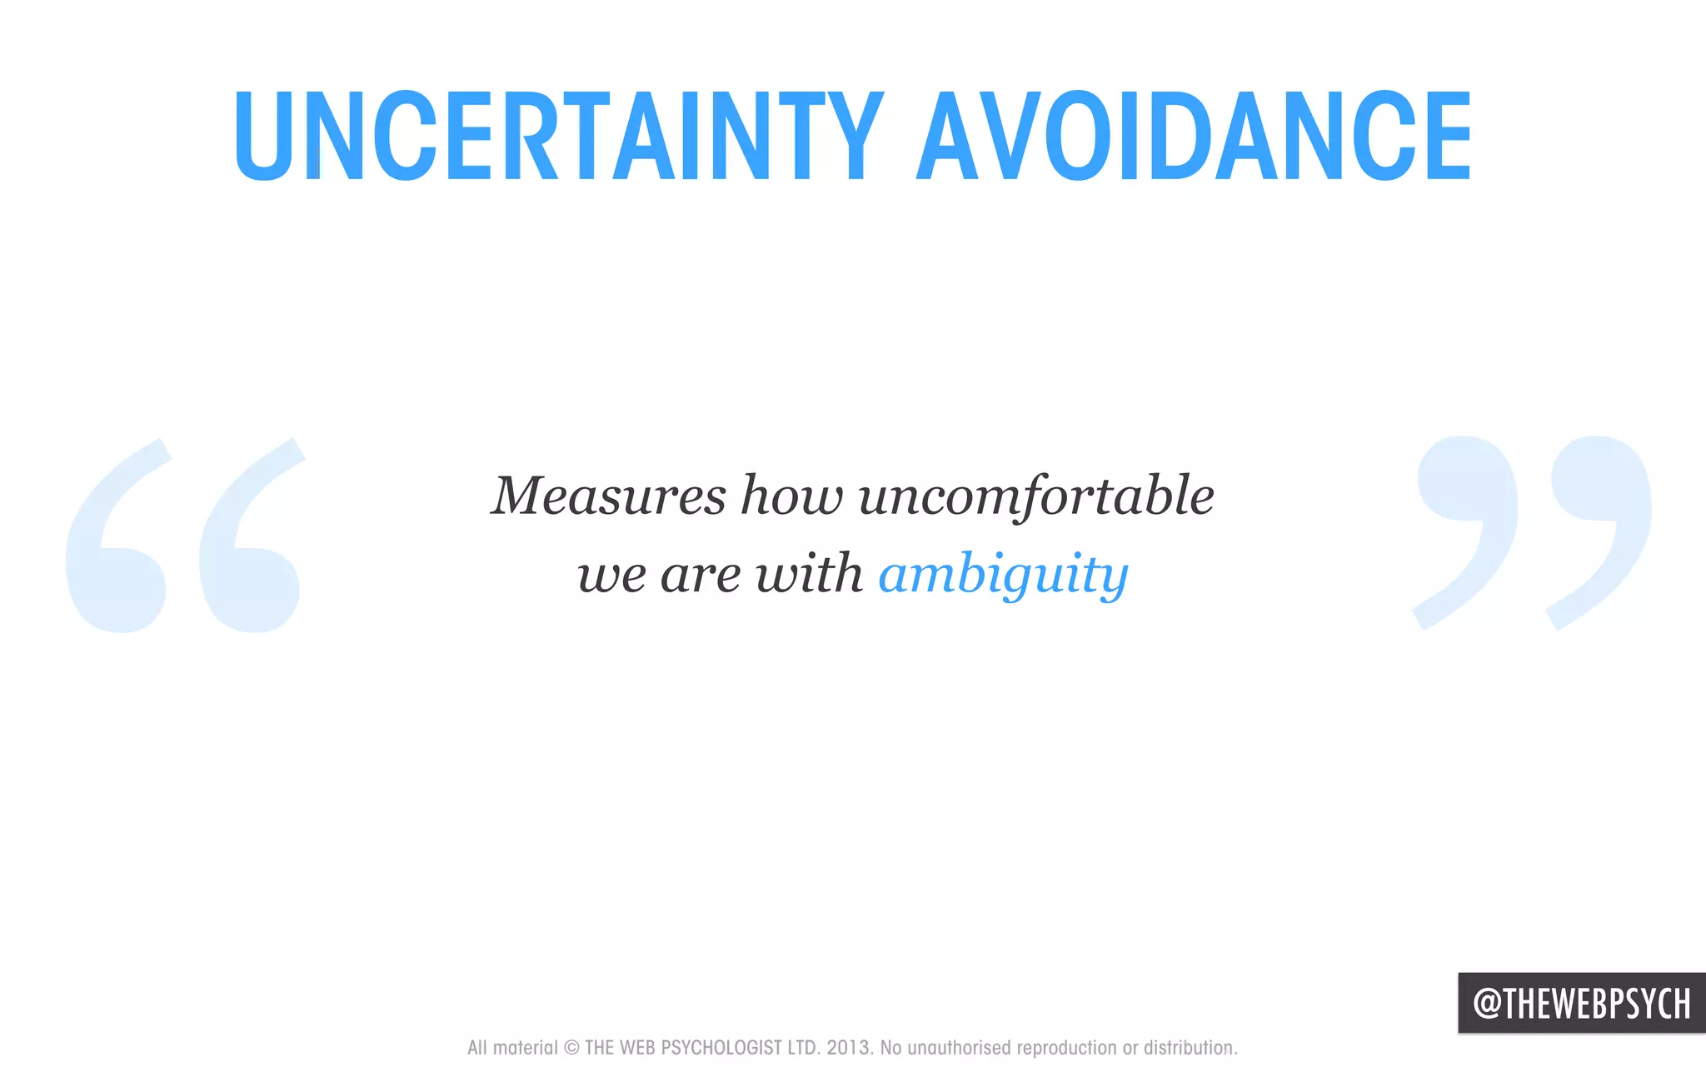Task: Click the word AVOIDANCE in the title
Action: [x=1195, y=136]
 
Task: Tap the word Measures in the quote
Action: [x=608, y=496]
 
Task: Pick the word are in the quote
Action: [x=701, y=576]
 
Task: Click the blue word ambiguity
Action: [x=1003, y=575]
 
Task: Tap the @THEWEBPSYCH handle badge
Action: [x=1581, y=1003]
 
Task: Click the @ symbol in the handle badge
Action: [x=1488, y=1003]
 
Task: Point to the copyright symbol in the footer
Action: [x=571, y=1048]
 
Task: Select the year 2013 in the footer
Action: [x=848, y=1048]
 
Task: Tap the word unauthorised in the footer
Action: [x=959, y=1048]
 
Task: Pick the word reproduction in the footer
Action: [x=1066, y=1048]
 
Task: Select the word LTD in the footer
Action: [x=802, y=1048]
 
